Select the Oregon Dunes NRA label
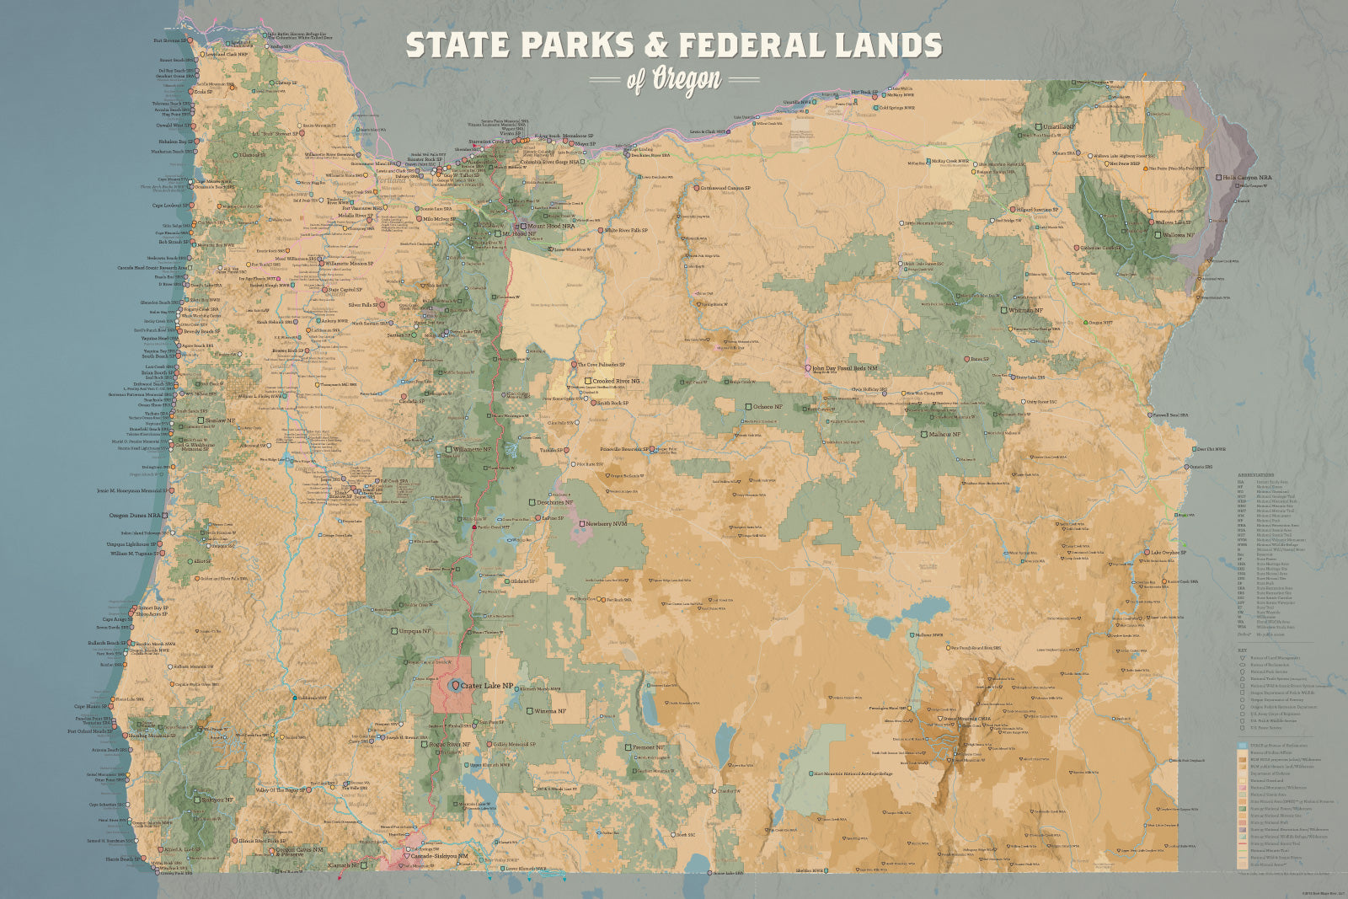click(136, 516)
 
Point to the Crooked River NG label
click(615, 381)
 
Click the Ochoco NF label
click(767, 407)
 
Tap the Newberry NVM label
click(607, 524)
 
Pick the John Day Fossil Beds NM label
click(845, 368)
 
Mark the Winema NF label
click(550, 711)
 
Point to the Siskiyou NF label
click(217, 800)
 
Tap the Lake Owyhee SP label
click(1167, 553)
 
